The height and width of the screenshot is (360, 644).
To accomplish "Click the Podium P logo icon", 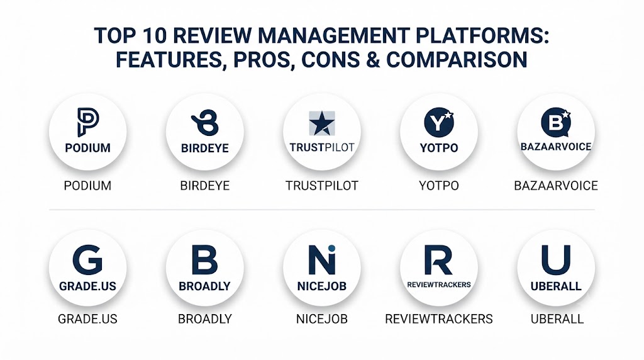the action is pos(88,122).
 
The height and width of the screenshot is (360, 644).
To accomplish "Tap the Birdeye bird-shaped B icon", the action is pos(205,123).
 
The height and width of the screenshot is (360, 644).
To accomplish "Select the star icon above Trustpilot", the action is pos(322,123).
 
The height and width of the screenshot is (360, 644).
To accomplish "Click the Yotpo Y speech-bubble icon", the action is pos(439,123).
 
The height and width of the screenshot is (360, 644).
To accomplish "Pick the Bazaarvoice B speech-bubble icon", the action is pos(556,123).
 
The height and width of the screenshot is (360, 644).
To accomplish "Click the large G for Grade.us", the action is pos(87,260).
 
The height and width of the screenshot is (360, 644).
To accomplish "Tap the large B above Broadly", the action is pos(204,260).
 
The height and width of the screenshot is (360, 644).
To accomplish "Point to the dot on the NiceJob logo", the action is pos(331,248).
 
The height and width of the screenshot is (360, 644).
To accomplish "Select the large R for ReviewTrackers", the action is pos(438,260).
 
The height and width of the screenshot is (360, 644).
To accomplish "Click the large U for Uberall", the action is pos(556,260).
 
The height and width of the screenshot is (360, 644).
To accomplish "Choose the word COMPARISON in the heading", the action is pos(457,60).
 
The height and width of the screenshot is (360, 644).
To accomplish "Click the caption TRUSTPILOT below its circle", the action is pos(322,186).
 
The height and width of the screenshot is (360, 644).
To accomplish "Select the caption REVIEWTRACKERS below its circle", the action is pos(438,319).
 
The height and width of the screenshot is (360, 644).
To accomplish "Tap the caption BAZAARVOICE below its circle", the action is pos(556,186).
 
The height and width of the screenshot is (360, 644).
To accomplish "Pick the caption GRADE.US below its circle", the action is pos(87,319).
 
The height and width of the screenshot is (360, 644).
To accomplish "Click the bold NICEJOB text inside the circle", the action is pos(322,286).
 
